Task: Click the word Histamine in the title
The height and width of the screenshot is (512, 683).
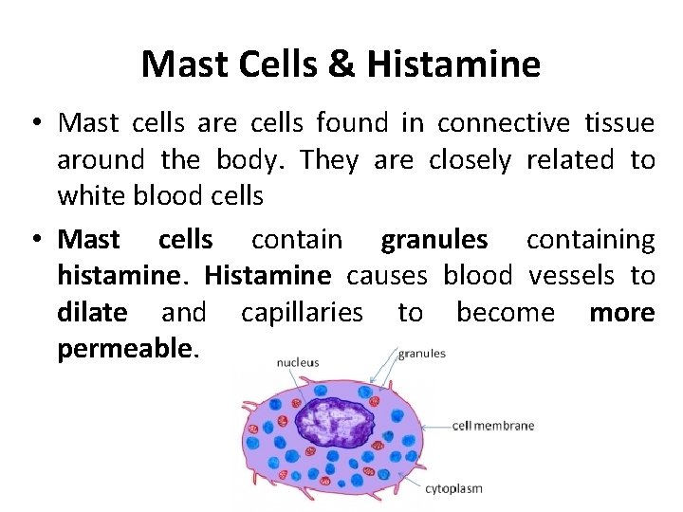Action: pos(453,64)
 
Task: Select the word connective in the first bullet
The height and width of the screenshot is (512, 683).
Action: pos(504,123)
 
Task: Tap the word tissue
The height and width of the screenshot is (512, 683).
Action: pos(618,123)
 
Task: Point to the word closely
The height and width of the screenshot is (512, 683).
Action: pos(470,160)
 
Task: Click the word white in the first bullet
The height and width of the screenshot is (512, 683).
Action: pos(90,196)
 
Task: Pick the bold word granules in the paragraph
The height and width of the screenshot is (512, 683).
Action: pos(434,240)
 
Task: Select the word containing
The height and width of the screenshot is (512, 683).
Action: pos(589,240)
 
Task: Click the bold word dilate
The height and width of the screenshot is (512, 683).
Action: pos(91,312)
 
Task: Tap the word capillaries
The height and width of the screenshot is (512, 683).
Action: pos(302,312)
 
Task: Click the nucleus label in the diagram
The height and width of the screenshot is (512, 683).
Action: pos(298,361)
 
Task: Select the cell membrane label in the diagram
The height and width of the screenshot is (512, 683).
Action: pos(492,426)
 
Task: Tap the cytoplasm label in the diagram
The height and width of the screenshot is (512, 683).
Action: pos(453,489)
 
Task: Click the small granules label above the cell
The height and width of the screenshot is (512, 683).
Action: pos(422,354)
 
